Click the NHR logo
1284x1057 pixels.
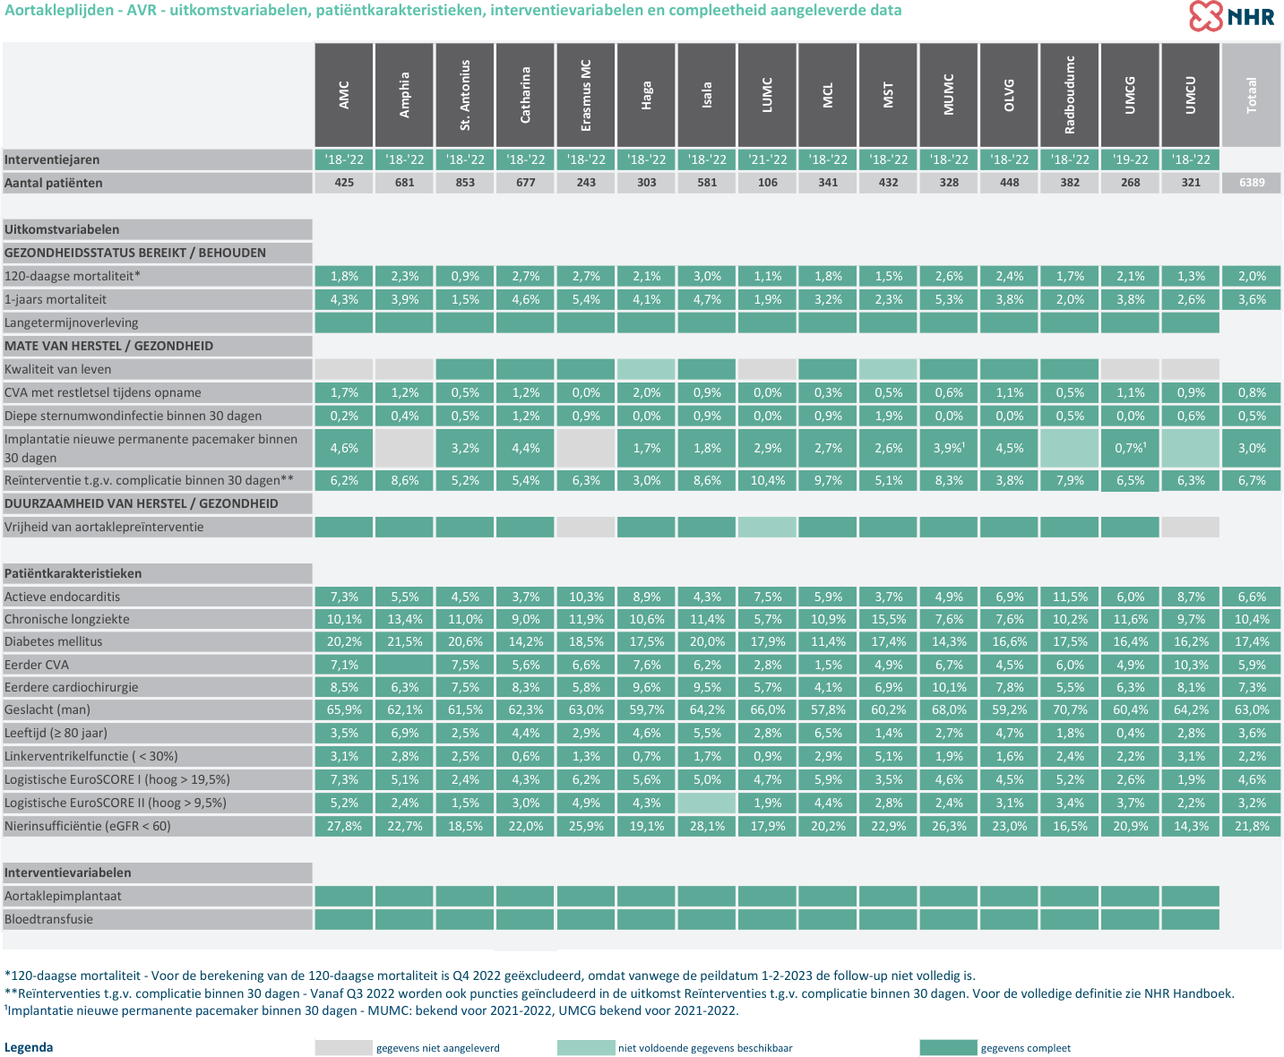(1231, 16)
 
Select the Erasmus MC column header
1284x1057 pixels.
(586, 95)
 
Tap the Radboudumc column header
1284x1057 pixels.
(1069, 95)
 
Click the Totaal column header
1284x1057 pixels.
(1252, 95)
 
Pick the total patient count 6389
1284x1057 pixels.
(1252, 183)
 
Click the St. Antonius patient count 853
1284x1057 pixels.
(465, 183)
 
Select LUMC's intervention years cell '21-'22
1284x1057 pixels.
(768, 159)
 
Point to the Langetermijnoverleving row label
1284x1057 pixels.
(72, 322)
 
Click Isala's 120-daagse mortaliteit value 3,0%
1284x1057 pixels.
(707, 276)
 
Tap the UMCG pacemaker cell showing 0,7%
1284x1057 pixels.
(1130, 448)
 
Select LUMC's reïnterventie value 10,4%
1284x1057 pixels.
(768, 480)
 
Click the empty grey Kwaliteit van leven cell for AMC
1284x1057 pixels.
(344, 370)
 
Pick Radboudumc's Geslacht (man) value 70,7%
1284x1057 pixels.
(1069, 709)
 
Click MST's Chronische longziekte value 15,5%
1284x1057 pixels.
(888, 619)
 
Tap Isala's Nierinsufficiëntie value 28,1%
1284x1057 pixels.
(707, 826)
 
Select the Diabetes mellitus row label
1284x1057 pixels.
(54, 641)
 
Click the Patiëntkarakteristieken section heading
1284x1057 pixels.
(73, 573)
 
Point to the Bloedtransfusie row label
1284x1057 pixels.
(48, 919)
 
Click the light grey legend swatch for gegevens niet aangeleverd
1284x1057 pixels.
(344, 1048)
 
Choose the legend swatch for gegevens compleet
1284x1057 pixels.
(948, 1048)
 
